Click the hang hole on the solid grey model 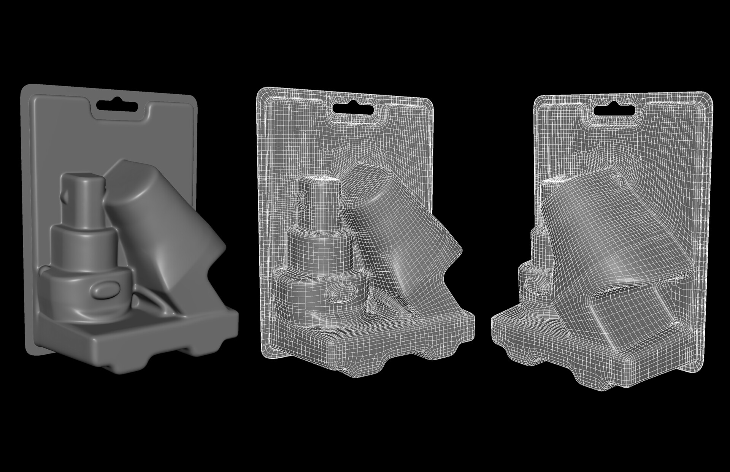[117, 106]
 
